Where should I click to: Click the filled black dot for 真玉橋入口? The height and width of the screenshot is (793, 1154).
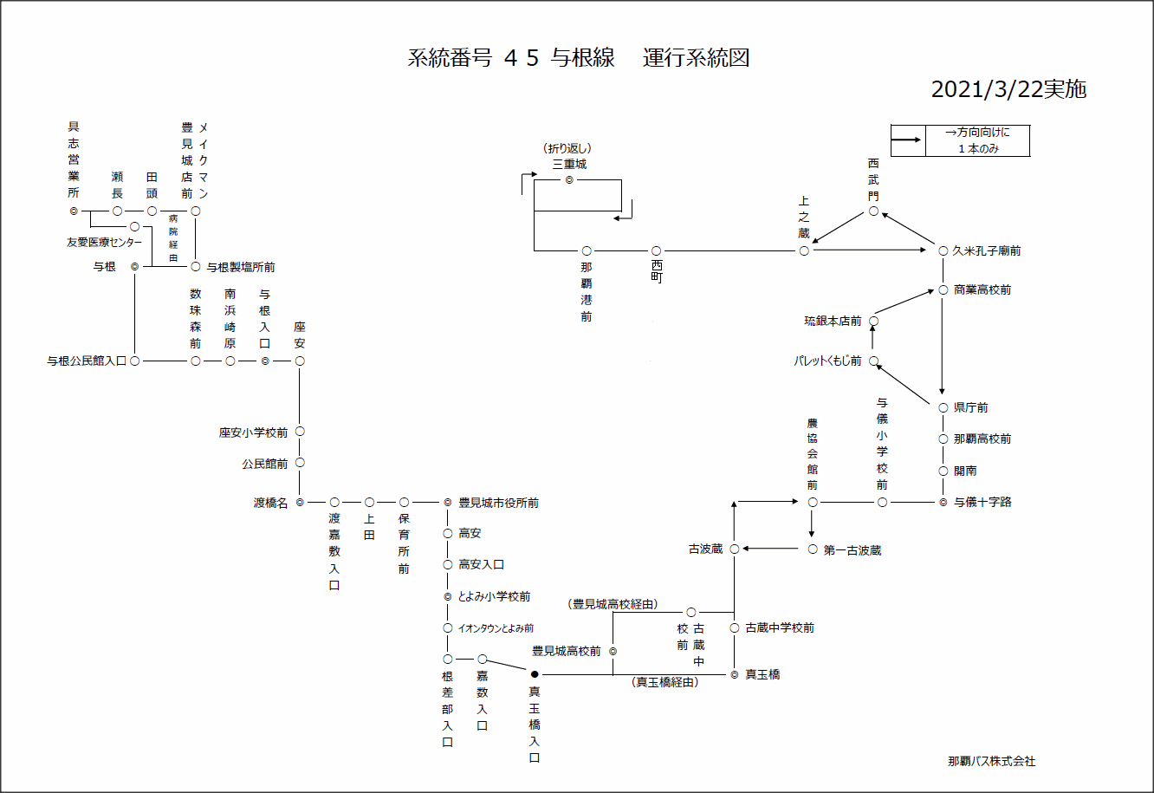[x=535, y=674]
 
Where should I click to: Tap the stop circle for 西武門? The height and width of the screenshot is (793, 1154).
[x=874, y=211]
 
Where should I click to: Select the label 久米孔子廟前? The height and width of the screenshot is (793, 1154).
[x=987, y=251]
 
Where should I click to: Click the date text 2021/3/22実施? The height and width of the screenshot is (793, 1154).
[x=1008, y=89]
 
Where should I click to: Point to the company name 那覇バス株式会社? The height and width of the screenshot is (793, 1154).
[x=991, y=761]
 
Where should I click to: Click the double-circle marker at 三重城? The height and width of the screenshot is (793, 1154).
[x=569, y=179]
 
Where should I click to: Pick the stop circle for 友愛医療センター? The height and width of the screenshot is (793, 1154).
[x=135, y=227]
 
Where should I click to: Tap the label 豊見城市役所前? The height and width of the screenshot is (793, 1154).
[x=499, y=503]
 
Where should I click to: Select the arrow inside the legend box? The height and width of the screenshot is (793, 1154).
[x=907, y=140]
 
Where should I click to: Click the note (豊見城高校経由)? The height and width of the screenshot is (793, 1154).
[x=613, y=604]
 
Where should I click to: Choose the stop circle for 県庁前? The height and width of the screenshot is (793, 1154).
[x=943, y=408]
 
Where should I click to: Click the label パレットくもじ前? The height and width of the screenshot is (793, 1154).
[x=827, y=361]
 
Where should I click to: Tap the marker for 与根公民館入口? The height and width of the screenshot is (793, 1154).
[x=135, y=361]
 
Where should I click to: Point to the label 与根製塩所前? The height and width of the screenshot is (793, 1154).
[x=241, y=268]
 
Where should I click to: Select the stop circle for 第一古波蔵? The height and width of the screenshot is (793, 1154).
[x=813, y=549]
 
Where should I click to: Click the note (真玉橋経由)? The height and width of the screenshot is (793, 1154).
[x=665, y=682]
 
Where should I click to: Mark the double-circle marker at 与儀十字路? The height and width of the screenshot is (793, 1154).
[x=943, y=503]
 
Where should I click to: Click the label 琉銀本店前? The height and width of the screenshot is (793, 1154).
[x=833, y=322]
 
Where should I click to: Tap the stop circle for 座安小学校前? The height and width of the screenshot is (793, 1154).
[x=300, y=432]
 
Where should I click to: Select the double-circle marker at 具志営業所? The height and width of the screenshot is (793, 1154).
[x=74, y=211]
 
